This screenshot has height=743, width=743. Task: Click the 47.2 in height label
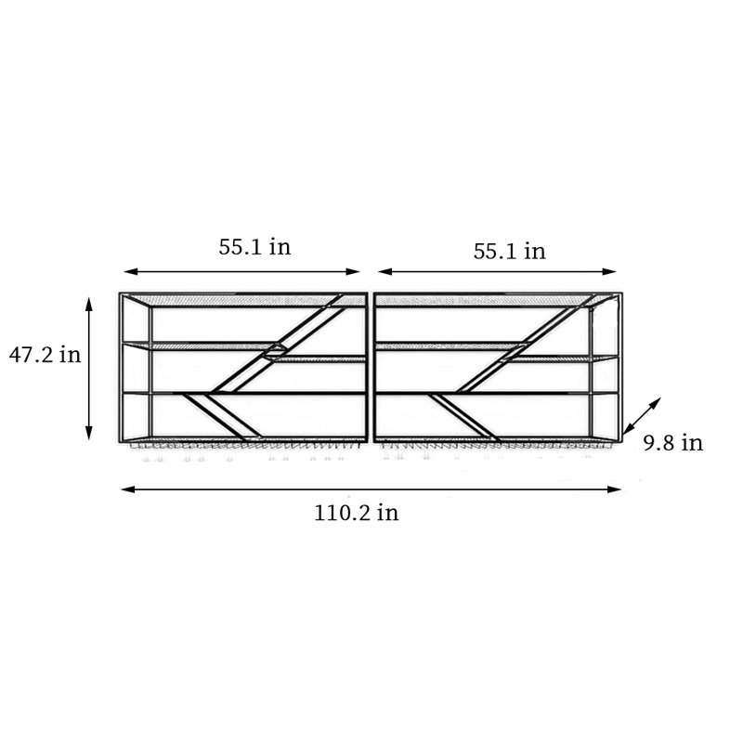[45, 355]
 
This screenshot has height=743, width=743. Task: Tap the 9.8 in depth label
[672, 443]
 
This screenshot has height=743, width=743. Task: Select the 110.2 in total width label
[357, 513]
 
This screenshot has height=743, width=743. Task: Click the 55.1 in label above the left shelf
[254, 247]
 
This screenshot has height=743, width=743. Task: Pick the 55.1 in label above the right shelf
[509, 251]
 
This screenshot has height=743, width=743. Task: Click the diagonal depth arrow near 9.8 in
[642, 416]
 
